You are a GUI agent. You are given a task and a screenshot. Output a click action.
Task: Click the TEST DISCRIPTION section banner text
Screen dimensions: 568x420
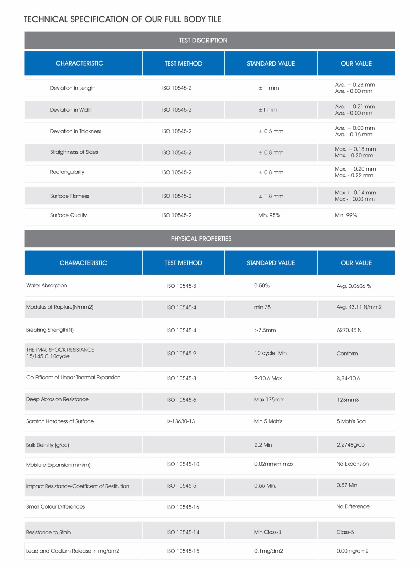tap(203, 40)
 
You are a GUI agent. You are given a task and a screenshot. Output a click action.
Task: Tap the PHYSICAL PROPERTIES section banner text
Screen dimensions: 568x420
tap(201, 238)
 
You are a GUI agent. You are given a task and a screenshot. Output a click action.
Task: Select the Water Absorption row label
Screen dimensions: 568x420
tap(46, 285)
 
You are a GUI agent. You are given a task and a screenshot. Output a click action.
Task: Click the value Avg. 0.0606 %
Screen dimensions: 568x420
tap(354, 286)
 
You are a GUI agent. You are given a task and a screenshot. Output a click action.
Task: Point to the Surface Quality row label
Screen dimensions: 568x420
tap(68, 215)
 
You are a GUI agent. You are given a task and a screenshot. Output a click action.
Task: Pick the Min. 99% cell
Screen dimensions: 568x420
tap(346, 215)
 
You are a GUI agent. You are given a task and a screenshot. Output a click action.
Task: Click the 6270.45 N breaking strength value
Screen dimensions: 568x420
tap(349, 330)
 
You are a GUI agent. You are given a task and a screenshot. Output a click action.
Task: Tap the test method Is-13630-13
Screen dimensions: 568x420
tap(181, 421)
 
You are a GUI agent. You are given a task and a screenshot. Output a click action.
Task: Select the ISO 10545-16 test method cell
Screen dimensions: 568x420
tap(183, 507)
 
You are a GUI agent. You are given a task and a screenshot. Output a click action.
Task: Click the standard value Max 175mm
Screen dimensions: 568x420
tap(269, 399)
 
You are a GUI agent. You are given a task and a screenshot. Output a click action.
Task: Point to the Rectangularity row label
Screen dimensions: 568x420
tap(67, 172)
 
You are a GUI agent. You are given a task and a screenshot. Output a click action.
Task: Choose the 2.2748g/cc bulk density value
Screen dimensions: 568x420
tap(350, 444)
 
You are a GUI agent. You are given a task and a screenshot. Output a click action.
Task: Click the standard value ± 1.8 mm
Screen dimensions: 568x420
tap(271, 196)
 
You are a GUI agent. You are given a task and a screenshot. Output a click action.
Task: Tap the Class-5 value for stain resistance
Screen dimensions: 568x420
tap(345, 532)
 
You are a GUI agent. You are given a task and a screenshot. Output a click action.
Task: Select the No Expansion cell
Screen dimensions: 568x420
tap(352, 464)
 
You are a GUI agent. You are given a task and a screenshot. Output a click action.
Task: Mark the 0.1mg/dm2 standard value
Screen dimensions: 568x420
tap(268, 551)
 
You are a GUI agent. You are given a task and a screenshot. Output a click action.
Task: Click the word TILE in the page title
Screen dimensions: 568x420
tap(215, 19)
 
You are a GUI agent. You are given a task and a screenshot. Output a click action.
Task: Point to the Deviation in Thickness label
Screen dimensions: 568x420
tap(76, 131)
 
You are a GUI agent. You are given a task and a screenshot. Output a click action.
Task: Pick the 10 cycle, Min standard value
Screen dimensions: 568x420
tap(270, 353)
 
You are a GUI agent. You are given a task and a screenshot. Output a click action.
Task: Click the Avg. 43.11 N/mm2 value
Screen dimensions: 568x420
tap(359, 307)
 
